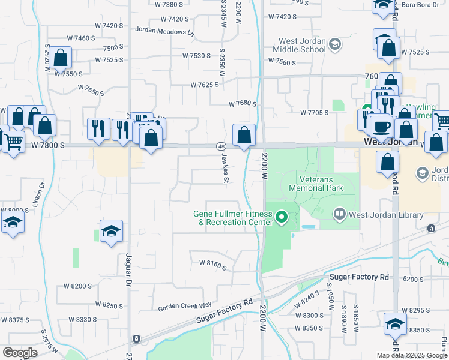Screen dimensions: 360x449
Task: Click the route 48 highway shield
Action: click(221, 146)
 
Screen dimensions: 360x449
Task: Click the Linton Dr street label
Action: click(41, 194)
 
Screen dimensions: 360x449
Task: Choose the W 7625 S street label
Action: click(205, 85)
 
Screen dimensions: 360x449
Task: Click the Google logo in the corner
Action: click(20, 353)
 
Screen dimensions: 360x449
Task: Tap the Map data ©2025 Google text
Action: click(412, 355)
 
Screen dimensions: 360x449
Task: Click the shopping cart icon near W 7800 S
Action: click(13, 142)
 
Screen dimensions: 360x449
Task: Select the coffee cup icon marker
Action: click(381, 127)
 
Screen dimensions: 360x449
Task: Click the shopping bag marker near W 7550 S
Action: click(61, 58)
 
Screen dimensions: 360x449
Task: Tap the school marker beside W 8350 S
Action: click(395, 324)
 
